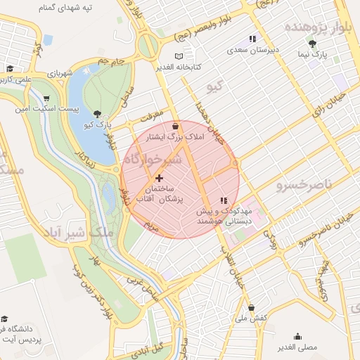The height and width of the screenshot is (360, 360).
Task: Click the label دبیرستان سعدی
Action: (252, 51)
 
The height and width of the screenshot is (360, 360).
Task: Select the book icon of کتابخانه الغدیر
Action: (179, 56)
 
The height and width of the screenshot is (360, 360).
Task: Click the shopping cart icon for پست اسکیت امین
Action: (46, 98)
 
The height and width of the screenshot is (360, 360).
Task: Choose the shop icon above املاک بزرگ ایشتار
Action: (175, 127)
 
